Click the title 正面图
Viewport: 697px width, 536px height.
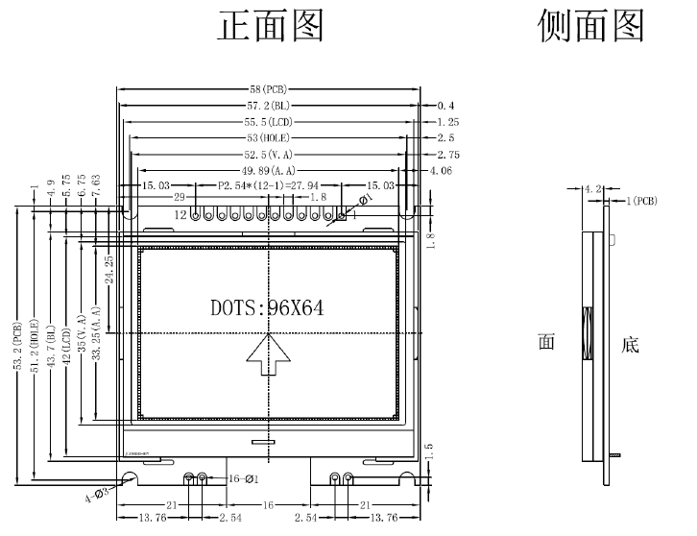[273, 26]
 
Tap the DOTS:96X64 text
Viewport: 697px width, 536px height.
[267, 308]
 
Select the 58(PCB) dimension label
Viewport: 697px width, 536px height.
[269, 89]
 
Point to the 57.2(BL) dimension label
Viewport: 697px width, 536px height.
[269, 106]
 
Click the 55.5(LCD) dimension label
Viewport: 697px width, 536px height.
[269, 122]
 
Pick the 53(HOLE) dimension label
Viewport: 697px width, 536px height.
[269, 138]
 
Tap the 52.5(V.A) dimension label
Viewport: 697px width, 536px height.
[269, 155]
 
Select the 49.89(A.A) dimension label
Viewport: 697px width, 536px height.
[269, 171]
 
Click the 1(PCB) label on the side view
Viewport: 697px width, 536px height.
[641, 202]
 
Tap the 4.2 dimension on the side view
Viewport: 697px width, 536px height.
[592, 190]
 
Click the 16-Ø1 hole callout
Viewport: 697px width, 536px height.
[241, 478]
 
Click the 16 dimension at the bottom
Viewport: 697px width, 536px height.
[269, 505]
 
